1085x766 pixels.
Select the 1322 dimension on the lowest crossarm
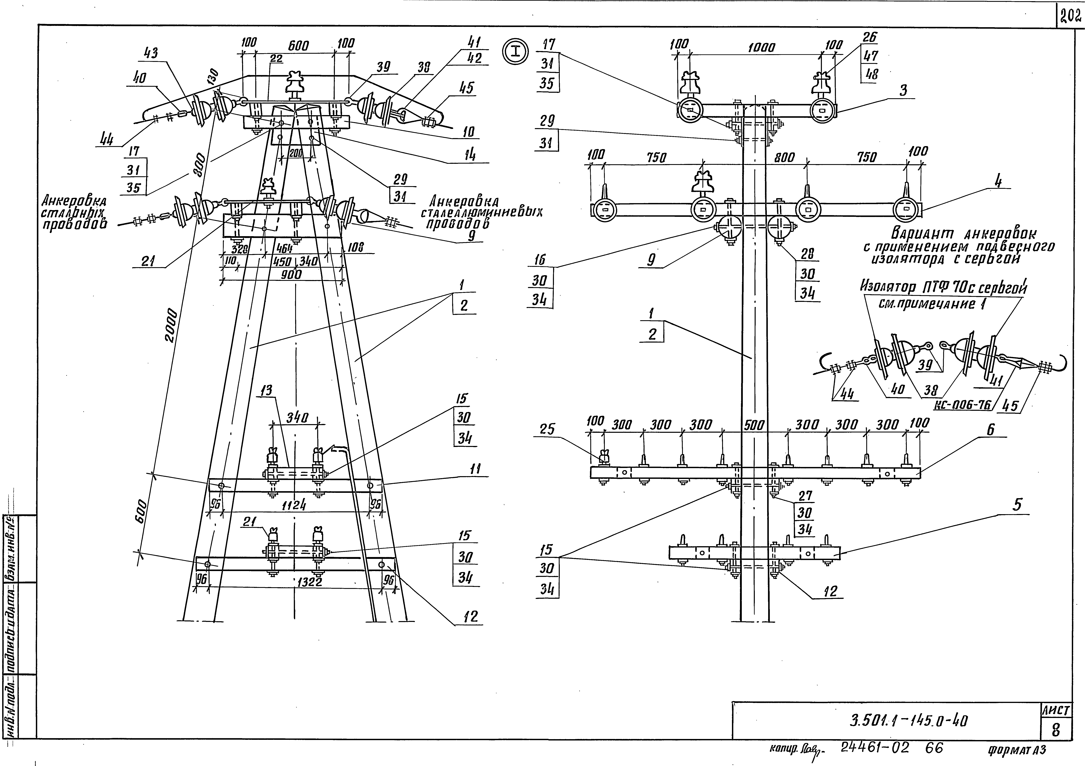click(309, 582)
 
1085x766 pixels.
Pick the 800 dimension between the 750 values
click(785, 157)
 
